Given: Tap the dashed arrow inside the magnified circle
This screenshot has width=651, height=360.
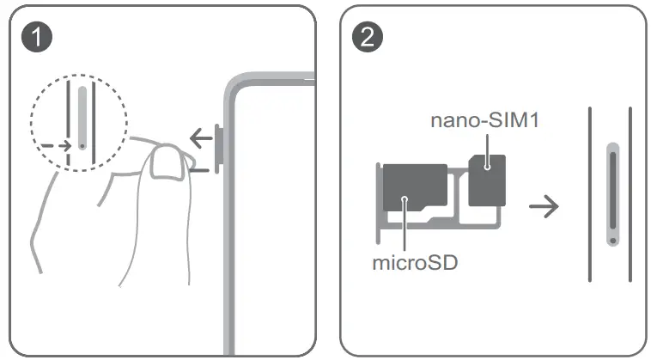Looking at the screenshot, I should [x=56, y=145].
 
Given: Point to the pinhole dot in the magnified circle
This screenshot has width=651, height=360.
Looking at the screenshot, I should [x=82, y=146].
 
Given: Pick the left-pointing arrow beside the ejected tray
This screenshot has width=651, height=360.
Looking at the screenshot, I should [x=201, y=136].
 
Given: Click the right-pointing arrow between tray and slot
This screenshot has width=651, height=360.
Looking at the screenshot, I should [x=545, y=206].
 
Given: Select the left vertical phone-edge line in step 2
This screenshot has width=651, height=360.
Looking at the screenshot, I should [x=590, y=193].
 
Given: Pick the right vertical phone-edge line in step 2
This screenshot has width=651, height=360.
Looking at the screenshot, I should [x=631, y=193].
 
